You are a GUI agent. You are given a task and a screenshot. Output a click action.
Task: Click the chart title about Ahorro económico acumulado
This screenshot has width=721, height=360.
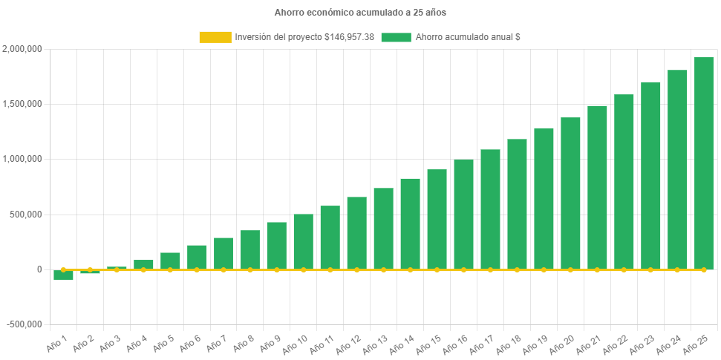point(360,13)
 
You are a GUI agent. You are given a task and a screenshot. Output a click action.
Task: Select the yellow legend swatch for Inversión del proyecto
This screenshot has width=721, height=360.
point(215,37)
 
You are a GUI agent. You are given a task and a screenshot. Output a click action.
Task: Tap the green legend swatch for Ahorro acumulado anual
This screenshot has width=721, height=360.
point(396,37)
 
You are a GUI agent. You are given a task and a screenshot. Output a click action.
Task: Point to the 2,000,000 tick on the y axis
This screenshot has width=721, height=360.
point(22,49)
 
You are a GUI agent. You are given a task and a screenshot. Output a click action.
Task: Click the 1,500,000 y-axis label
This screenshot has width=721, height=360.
point(22,104)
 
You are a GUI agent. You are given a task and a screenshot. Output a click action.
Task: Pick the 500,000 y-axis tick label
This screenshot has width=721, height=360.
point(27,215)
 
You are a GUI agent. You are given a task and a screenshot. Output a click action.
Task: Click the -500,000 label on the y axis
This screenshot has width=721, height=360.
point(25,324)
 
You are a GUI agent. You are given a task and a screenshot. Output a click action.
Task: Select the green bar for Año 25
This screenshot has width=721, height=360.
point(703,163)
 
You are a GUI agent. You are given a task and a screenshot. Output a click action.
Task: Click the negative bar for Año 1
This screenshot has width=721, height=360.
point(63,275)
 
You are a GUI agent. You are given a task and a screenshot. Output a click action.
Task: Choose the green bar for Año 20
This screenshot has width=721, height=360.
point(570,193)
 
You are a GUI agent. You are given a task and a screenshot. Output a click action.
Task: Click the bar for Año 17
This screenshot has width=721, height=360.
point(490,209)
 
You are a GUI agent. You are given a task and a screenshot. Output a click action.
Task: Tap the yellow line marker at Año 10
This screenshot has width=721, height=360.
point(303,270)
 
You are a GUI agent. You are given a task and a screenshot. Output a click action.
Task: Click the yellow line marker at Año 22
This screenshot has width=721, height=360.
point(624,270)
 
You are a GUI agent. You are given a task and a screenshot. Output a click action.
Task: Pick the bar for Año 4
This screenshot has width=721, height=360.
point(143,264)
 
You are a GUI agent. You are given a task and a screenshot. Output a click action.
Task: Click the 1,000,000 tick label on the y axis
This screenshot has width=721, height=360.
point(22,159)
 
